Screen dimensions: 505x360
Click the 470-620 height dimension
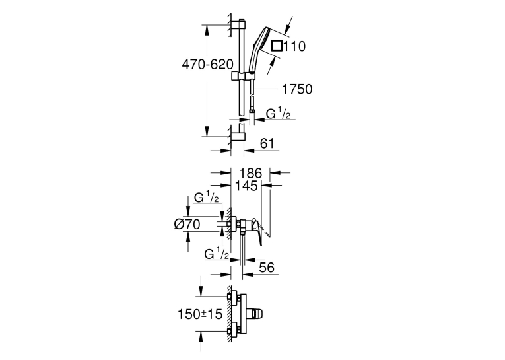click(207, 65)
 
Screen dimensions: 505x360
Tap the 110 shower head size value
click(294, 46)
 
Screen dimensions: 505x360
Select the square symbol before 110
click(277, 46)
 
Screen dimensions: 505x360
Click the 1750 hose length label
click(297, 89)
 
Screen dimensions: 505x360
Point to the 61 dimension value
click(267, 143)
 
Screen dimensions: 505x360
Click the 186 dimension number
click(251, 173)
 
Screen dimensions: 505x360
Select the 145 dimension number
click(246, 186)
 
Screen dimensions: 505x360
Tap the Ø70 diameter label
click(187, 224)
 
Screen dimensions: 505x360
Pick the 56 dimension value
click(267, 267)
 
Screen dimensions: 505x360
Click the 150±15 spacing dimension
click(200, 314)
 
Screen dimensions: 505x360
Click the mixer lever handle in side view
click(257, 231)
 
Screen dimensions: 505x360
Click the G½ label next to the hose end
click(278, 114)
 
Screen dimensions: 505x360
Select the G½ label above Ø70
click(206, 197)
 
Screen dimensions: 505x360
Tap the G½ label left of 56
click(217, 254)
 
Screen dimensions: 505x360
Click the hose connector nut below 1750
click(252, 111)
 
